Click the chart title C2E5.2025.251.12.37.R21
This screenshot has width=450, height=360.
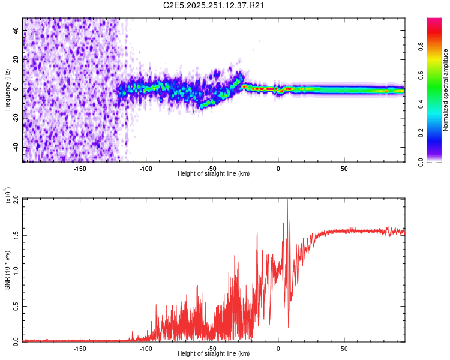tap(214, 6)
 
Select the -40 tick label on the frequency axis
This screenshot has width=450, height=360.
tap(16, 147)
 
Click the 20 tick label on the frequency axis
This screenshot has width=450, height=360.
tap(16, 59)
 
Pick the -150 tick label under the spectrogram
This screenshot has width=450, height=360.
tap(80, 168)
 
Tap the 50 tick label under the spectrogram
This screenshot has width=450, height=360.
tap(344, 168)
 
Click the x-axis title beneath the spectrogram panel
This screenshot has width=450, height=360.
tap(214, 174)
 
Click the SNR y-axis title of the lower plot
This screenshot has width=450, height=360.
tap(8, 270)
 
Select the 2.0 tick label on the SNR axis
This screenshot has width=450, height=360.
tap(16, 199)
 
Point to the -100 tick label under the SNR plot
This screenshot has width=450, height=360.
tap(146, 348)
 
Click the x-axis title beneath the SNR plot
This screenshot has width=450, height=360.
tap(214, 354)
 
